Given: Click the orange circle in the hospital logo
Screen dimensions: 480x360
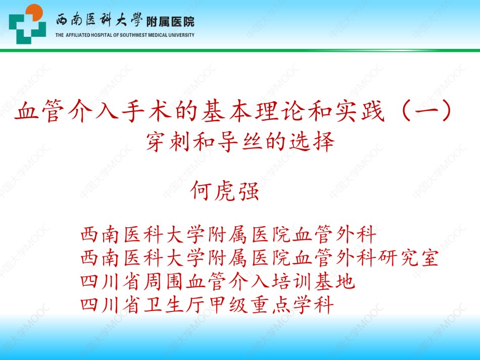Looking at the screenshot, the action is pyautogui.click(x=34, y=12).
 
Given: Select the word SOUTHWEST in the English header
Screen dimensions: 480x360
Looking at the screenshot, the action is pyautogui.click(x=133, y=35).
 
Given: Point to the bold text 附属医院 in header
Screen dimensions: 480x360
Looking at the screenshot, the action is pyautogui.click(x=170, y=22).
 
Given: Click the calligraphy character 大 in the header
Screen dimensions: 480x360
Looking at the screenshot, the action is pyautogui.click(x=122, y=20).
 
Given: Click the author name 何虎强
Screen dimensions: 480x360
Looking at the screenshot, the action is pyautogui.click(x=225, y=191).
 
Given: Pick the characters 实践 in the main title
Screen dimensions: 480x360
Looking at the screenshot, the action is pyautogui.click(x=360, y=111).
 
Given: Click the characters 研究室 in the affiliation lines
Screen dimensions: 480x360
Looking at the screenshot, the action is pyautogui.click(x=408, y=258).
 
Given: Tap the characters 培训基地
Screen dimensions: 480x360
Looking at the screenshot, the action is pyautogui.click(x=313, y=281).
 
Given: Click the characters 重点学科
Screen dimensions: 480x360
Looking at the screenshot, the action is pyautogui.click(x=292, y=305).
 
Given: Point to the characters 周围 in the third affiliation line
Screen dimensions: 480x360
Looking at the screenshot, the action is pyautogui.click(x=165, y=281).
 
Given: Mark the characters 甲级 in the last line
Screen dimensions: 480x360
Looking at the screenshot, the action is pyautogui.click(x=228, y=305).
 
